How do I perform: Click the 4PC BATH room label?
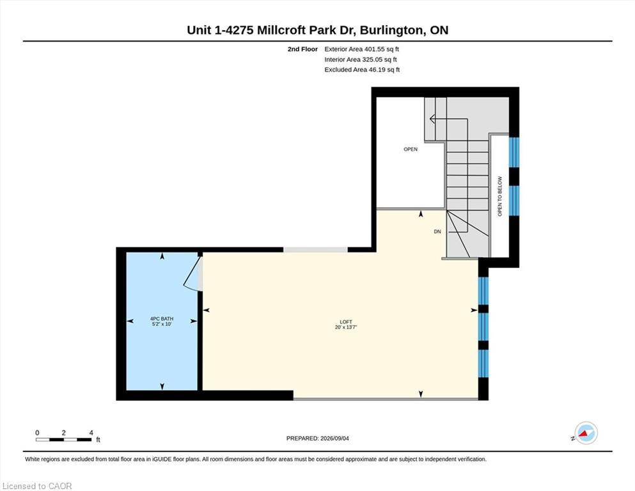tap(162, 319)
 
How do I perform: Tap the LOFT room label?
tap(346, 322)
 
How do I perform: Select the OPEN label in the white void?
tap(411, 150)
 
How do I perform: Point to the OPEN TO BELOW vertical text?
tap(499, 196)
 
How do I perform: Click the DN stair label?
tap(437, 231)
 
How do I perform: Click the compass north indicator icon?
tap(585, 433)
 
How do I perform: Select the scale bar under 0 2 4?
tap(63, 439)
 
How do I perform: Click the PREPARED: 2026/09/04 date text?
tap(317, 439)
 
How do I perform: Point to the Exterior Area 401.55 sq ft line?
tap(362, 49)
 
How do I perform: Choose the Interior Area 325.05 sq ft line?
tap(361, 59)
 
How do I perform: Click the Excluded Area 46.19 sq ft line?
tap(362, 70)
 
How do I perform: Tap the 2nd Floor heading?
tap(302, 49)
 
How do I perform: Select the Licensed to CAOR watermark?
tap(37, 486)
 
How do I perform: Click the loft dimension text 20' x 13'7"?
tap(346, 327)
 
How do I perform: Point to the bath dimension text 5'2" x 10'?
tap(162, 324)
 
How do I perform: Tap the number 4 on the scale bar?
tap(91, 433)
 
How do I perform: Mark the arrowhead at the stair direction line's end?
tap(432, 119)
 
